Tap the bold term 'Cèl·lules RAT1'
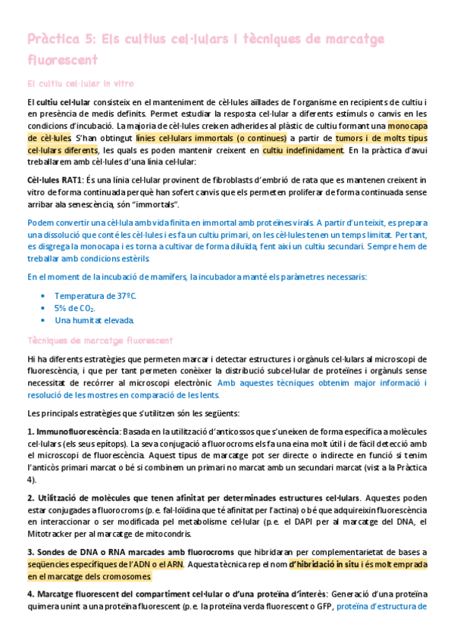55,180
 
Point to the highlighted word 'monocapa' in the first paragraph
407,126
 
